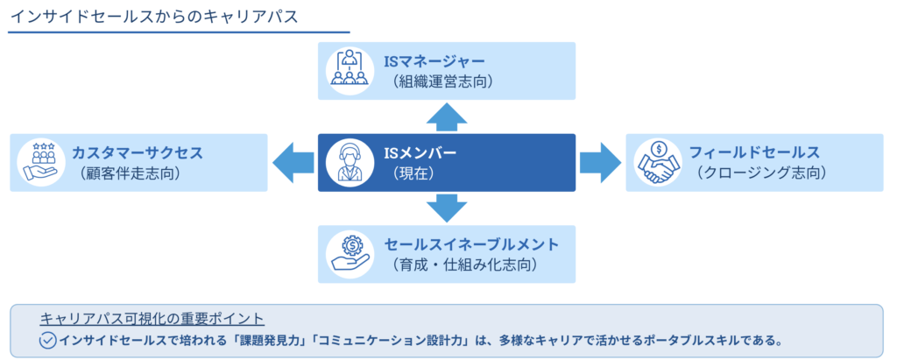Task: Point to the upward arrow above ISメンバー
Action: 446,116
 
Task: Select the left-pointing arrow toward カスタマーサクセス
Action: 293,162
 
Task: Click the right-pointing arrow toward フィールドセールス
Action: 599,162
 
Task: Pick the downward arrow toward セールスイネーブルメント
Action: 446,208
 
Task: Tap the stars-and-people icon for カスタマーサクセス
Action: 40,163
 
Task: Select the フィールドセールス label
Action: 752,152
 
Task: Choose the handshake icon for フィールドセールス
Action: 656,163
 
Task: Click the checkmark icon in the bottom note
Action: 48,340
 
